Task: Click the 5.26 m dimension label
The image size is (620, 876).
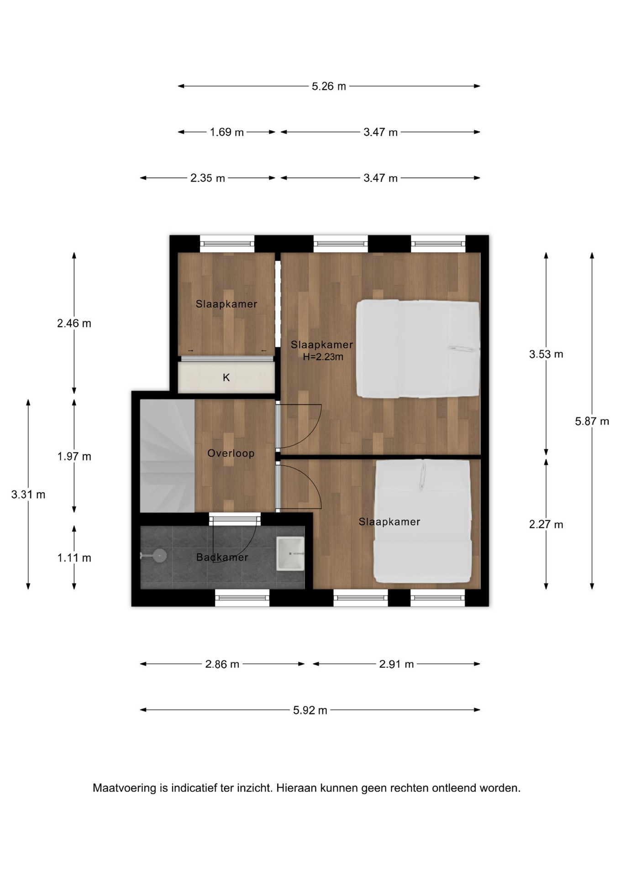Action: (328, 86)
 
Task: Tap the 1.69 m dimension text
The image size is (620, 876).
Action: (226, 132)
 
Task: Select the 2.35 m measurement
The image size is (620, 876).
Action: (207, 178)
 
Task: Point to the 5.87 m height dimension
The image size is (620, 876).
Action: (592, 421)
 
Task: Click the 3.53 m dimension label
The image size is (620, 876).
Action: (546, 354)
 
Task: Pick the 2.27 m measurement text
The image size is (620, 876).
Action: (546, 525)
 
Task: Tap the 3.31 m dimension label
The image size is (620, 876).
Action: (28, 495)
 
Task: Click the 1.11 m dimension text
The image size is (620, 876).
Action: (74, 558)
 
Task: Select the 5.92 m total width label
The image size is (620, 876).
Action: (310, 710)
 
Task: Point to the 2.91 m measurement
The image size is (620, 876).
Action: (396, 664)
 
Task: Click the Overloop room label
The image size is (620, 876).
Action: (231, 453)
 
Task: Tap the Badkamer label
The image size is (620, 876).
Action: (222, 557)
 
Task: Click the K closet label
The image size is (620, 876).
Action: (226, 378)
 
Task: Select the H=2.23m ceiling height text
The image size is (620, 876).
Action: (323, 357)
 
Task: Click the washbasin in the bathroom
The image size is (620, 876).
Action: (290, 553)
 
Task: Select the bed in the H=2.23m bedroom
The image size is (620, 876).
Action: (417, 349)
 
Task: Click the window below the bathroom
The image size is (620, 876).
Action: (242, 597)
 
